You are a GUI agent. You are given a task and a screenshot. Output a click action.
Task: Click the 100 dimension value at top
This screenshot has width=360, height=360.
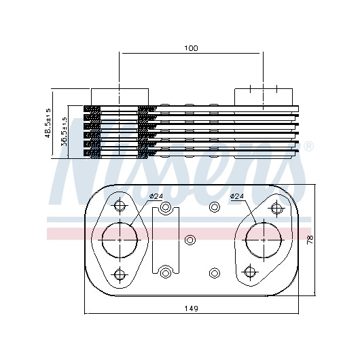coord(191,48)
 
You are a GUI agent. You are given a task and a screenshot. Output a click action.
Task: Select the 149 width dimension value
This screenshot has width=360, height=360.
coord(192,308)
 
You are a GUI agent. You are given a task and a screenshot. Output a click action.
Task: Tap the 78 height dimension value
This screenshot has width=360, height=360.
coord(310,240)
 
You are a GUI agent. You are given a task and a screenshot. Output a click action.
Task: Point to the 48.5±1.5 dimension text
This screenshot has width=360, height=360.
coord(48,123)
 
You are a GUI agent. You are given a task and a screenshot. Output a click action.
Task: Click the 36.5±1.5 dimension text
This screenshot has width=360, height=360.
coord(64,132)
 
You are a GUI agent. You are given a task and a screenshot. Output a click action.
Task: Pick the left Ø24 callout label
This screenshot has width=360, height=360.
coord(156,196)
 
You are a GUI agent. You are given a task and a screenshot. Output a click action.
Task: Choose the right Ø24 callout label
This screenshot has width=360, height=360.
coord(236,196)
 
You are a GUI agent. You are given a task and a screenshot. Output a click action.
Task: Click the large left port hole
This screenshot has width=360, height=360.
coord(120,240)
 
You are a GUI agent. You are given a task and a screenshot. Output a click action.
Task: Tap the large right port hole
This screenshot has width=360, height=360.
coord(264,240)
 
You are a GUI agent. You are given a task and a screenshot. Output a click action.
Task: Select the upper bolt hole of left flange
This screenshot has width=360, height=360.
coord(120,205)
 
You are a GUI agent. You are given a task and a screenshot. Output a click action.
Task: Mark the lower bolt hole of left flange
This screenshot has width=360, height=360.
coord(120,274)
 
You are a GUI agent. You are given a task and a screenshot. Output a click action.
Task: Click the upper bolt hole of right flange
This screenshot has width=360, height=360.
coord(276,209)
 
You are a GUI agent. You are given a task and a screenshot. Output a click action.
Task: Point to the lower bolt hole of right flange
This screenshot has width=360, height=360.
coord(249,272)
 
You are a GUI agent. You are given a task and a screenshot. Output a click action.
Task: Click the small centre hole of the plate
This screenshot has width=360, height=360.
coord(190,240)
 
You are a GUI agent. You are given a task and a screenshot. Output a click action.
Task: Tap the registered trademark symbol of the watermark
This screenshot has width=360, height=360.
coord(308,147)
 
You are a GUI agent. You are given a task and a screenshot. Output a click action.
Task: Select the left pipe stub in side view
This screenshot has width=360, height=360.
coord(120,97)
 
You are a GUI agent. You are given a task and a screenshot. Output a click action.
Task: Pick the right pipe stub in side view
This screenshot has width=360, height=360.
coord(264,97)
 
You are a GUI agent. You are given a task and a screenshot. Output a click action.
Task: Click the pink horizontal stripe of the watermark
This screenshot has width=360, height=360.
coord(179,234)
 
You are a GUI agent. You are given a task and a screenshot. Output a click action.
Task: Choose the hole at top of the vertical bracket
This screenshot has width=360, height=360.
coord(165,208)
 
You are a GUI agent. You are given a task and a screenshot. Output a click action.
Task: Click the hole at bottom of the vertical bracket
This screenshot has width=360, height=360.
coord(165,273)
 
